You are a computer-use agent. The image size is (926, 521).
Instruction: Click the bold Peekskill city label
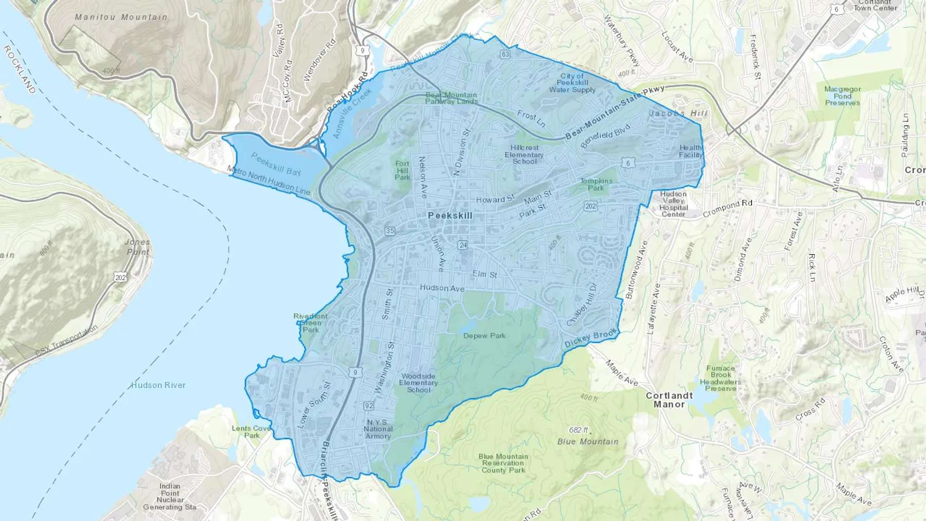click(450, 216)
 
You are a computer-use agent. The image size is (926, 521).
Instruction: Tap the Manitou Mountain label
click(121, 17)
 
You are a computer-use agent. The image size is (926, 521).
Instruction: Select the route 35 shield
click(390, 231)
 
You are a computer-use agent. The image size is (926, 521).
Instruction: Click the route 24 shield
click(463, 245)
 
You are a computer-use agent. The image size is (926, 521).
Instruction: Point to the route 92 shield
click(368, 406)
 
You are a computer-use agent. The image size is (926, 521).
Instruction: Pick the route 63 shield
click(505, 54)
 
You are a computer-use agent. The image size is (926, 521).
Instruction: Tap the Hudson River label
click(158, 385)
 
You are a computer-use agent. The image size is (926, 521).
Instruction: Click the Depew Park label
click(484, 336)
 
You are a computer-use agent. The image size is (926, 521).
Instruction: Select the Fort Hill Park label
click(402, 170)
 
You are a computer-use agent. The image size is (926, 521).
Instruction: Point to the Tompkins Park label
click(596, 185)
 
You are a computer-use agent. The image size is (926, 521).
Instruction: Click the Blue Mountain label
click(587, 441)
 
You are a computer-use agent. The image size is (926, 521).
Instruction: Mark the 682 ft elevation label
click(579, 430)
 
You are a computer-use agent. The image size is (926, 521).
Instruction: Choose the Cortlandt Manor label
click(669, 400)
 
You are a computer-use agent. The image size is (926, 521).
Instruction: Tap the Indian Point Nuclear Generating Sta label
click(170, 496)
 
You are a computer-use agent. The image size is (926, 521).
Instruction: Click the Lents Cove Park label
click(252, 432)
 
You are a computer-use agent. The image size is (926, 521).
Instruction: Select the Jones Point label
click(138, 247)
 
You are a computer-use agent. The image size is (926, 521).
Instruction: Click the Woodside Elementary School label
click(418, 383)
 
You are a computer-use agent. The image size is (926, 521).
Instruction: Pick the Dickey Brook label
click(590, 339)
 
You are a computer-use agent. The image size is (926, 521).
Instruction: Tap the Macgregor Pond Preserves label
click(842, 96)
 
